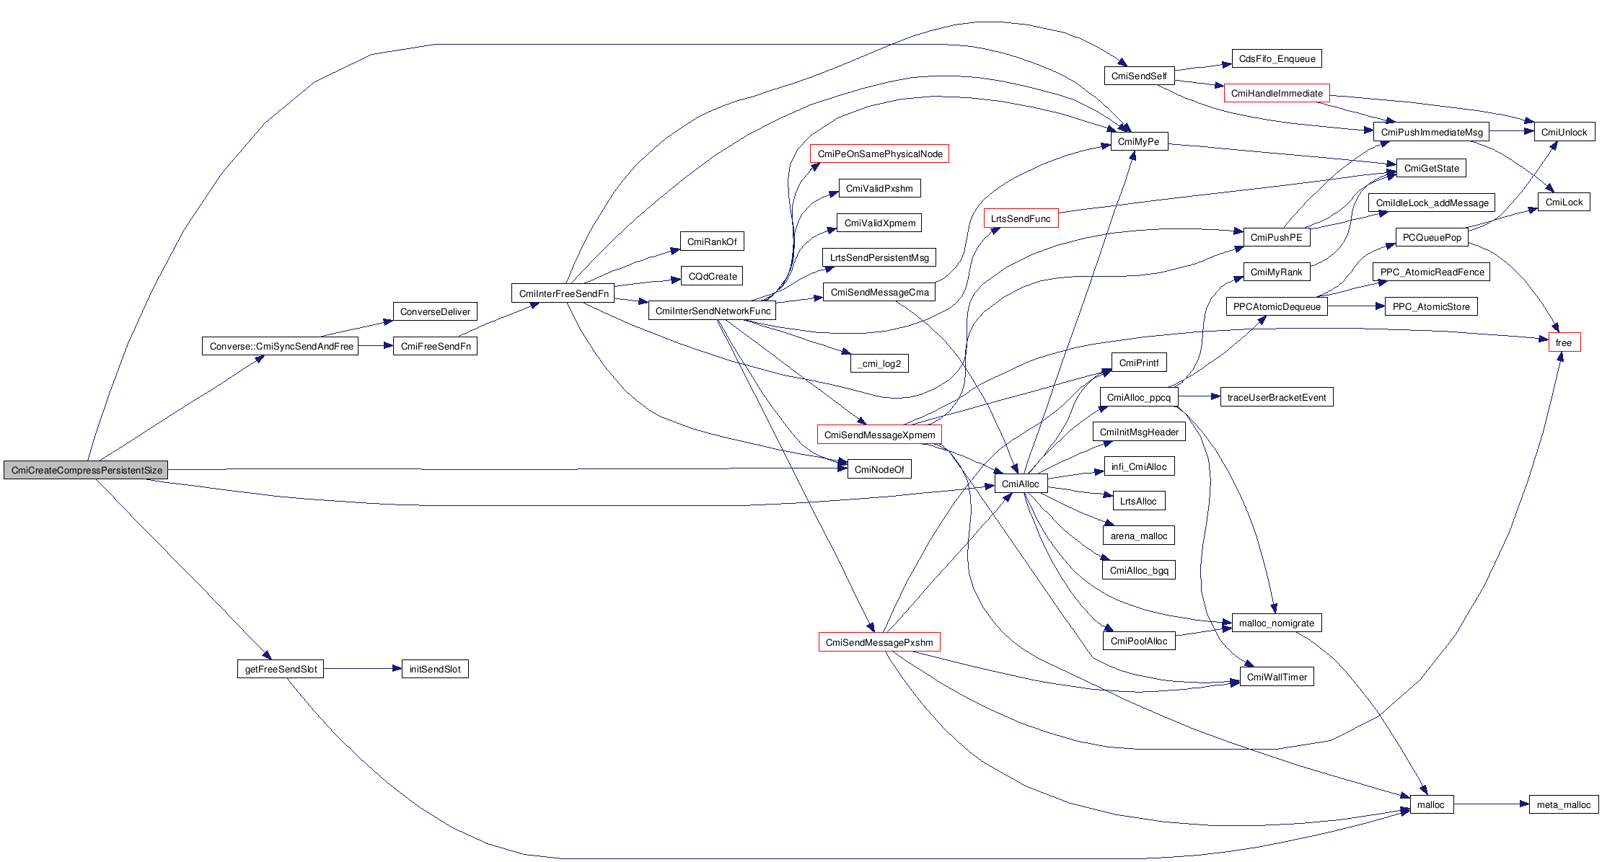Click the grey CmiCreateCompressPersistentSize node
point(86,470)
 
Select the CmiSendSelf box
point(1139,76)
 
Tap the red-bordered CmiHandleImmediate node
point(1276,93)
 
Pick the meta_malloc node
point(1563,804)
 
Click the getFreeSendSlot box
point(281,669)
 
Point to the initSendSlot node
point(435,669)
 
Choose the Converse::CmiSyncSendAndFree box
point(281,346)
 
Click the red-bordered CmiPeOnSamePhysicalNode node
point(879,154)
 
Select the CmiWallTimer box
point(1277,677)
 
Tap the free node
point(1564,342)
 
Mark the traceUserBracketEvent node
point(1276,397)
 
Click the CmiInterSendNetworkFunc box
point(713,311)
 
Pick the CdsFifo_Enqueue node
point(1276,59)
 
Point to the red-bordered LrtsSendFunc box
point(1021,218)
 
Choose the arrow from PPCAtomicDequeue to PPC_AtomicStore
point(1356,306)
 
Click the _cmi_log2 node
point(879,363)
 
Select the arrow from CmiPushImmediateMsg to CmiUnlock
point(1511,131)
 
